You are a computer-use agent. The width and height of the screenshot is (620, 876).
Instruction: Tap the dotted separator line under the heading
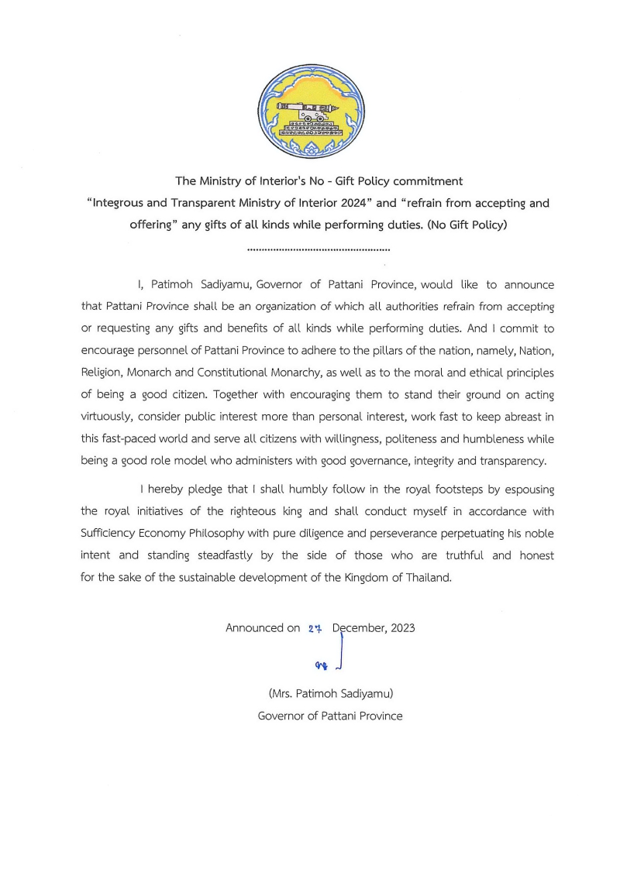tap(318, 250)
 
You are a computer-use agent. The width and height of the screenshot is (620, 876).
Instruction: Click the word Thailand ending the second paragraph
tap(425, 577)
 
